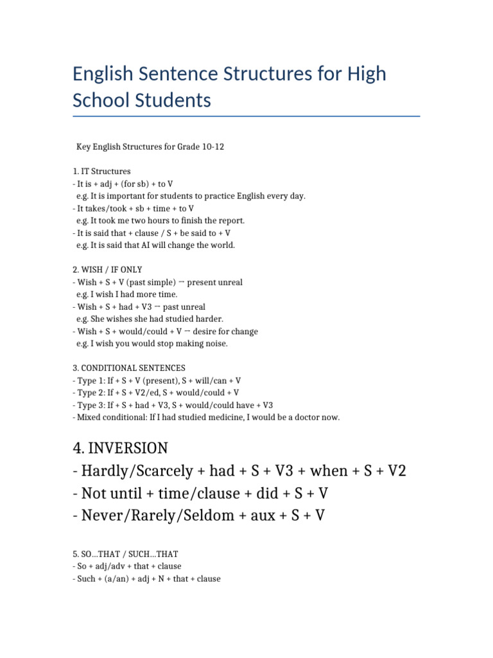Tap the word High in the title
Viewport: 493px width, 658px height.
pos(365,74)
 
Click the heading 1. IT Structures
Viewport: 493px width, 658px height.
pos(102,172)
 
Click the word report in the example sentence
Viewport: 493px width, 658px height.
pos(229,220)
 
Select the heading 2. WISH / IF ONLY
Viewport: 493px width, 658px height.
pos(108,270)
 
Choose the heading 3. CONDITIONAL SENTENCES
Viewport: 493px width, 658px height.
pos(129,368)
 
